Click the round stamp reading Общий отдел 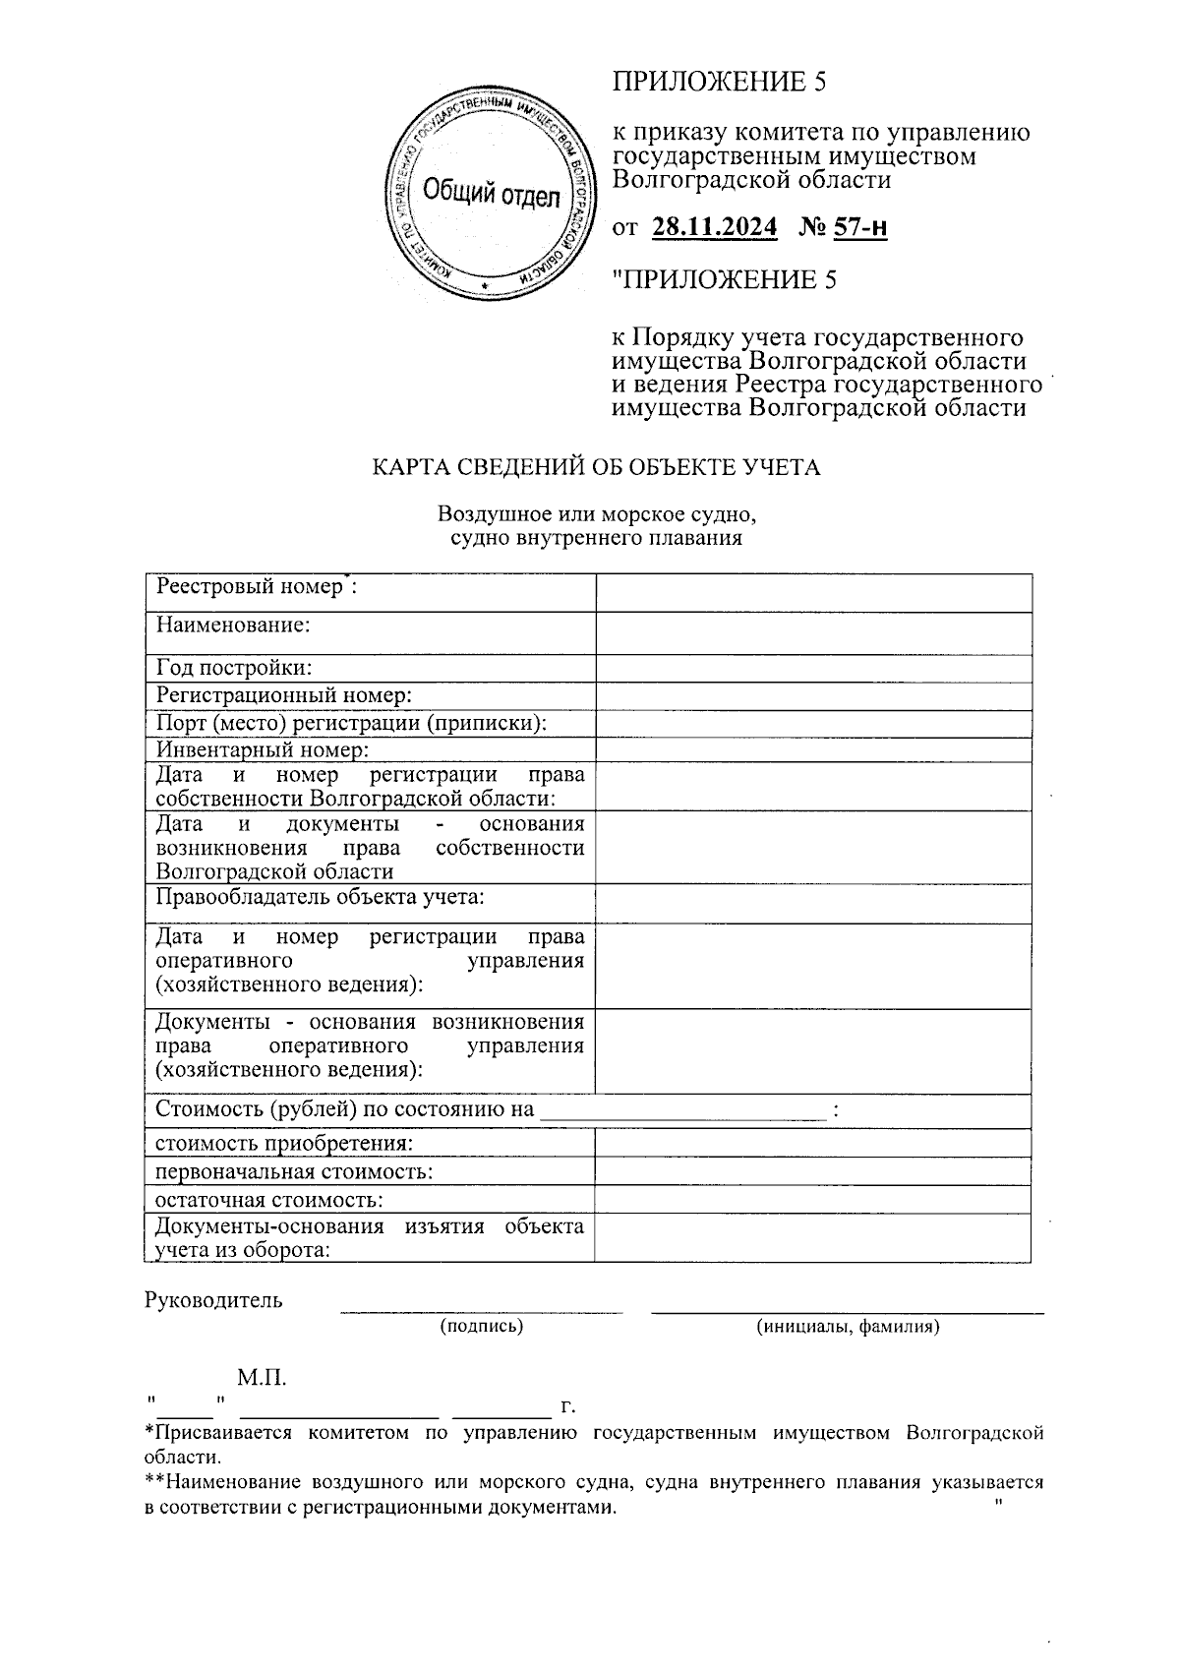click(490, 193)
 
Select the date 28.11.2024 click(714, 228)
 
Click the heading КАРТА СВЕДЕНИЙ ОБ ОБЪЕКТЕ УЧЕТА click(595, 467)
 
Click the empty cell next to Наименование click(813, 633)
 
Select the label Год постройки click(234, 668)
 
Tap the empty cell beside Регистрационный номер click(813, 696)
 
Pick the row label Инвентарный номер click(263, 750)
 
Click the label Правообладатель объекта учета click(320, 897)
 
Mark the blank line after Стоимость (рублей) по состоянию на click(683, 1113)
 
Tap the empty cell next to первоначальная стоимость click(813, 1171)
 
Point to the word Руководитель click(213, 1300)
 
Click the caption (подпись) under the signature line click(482, 1327)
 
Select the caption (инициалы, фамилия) click(848, 1327)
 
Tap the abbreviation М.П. click(262, 1377)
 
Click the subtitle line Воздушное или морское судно click(596, 514)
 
